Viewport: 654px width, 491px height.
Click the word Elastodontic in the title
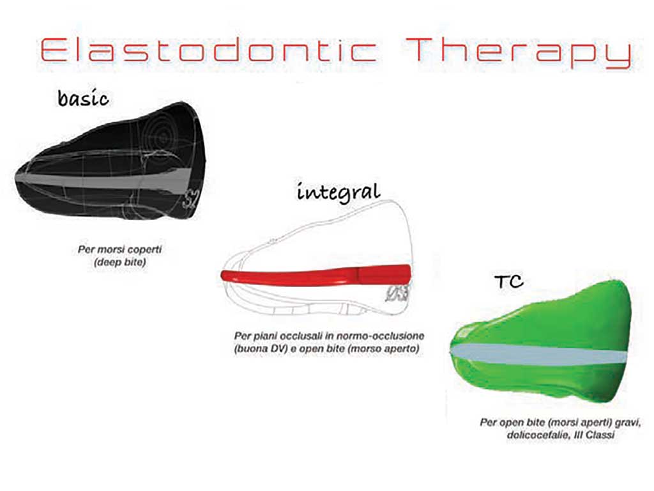(x=209, y=50)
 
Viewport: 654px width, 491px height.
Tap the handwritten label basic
(x=84, y=98)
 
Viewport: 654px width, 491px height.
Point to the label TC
(x=509, y=282)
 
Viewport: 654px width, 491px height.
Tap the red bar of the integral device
(x=316, y=276)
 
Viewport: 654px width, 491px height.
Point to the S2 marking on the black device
(x=190, y=200)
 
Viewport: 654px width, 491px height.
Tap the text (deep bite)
(x=119, y=262)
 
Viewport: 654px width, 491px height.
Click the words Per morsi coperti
(x=119, y=249)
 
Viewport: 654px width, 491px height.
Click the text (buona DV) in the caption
(x=261, y=348)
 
